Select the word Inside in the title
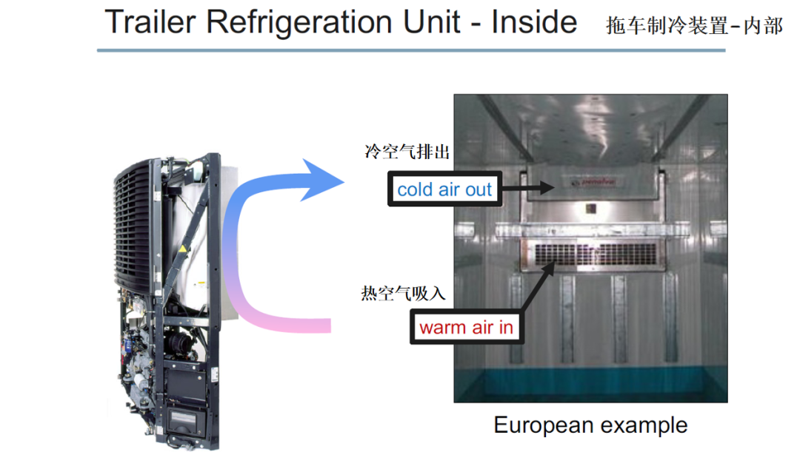[534, 22]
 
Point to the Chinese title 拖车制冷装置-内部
[694, 27]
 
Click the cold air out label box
[444, 190]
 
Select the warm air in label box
[466, 327]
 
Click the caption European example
[590, 425]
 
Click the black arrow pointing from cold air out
[526, 188]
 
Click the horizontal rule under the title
[411, 50]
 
